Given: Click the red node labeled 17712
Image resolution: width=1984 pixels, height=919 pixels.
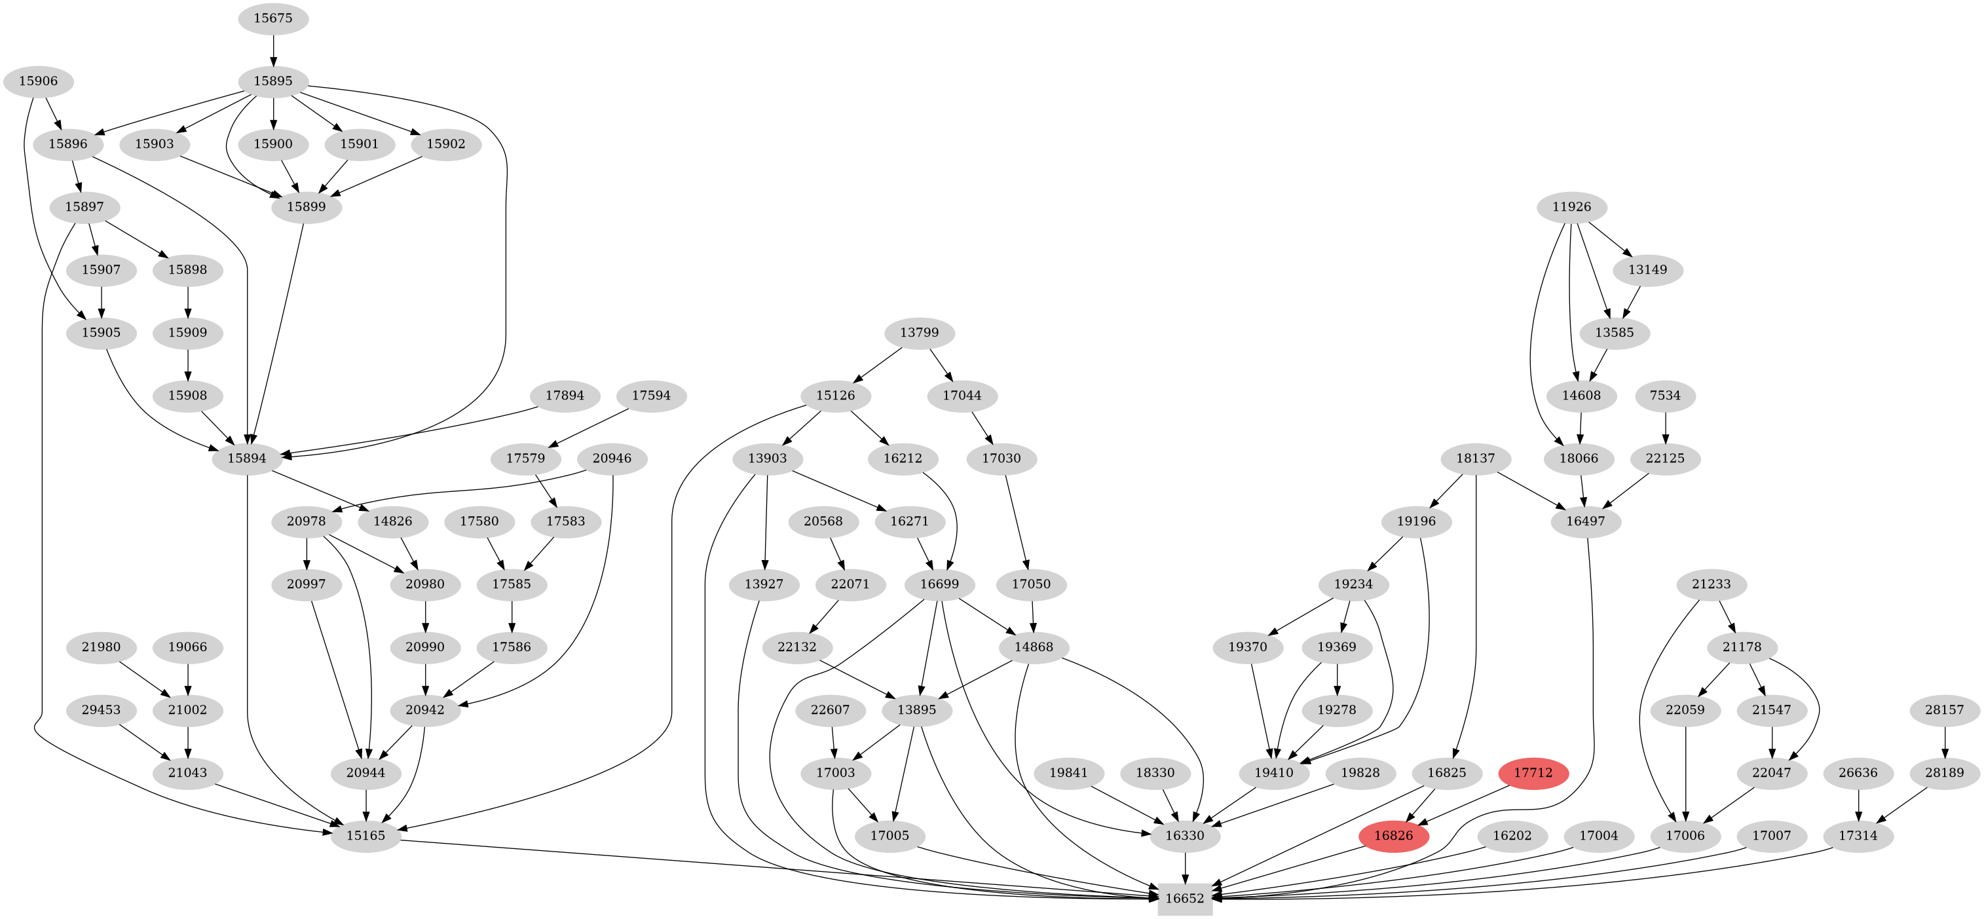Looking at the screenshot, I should [1533, 773].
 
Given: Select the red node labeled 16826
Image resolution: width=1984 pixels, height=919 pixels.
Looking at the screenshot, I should [1393, 836].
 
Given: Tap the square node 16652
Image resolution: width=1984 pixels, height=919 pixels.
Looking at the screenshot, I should [1184, 898].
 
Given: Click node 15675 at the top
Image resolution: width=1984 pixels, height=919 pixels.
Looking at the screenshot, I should [273, 18].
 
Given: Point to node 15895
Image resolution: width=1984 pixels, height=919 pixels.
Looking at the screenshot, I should [273, 81].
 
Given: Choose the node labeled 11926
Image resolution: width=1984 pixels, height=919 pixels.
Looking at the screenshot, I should [1571, 206].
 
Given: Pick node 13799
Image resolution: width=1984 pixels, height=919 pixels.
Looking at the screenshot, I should [919, 333].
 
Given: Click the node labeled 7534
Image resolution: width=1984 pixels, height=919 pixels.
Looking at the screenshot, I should [1665, 395].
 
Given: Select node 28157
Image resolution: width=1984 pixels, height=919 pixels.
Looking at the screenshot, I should [1945, 709].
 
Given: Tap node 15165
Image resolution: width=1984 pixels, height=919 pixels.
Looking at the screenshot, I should [366, 836].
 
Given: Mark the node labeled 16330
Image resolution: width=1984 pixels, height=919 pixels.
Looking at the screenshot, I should [1184, 836].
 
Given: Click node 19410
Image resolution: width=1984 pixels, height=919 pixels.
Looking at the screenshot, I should [1274, 773].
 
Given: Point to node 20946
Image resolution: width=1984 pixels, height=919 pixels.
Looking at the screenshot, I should [612, 459].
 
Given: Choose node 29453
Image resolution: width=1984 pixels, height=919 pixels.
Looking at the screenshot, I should [101, 709].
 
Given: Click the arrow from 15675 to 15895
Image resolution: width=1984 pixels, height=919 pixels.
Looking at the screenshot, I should [273, 49].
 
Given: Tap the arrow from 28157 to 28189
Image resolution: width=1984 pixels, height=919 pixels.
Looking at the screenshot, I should [1945, 741].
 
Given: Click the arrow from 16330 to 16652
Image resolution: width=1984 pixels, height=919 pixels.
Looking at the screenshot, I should [1184, 867].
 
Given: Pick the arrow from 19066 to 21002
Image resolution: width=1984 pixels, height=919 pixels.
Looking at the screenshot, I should [188, 678].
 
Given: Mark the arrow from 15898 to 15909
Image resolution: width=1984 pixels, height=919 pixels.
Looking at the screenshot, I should [188, 301].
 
